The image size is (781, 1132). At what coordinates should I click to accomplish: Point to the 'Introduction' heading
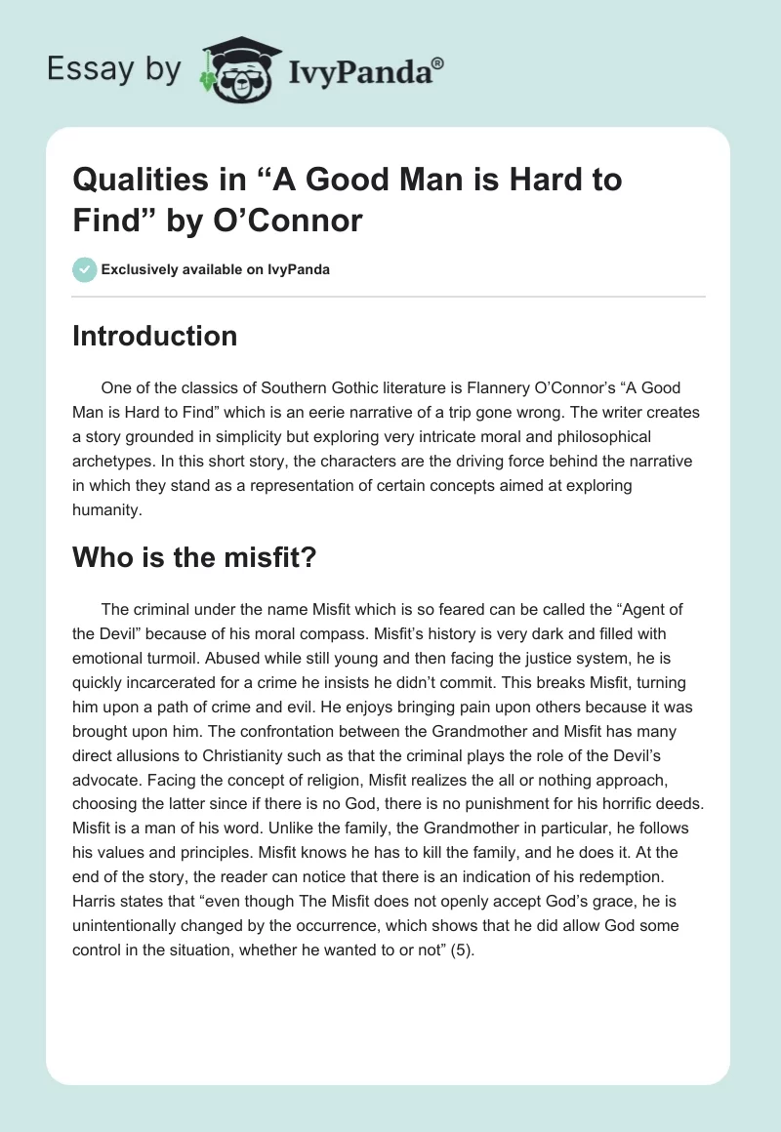pyautogui.click(x=154, y=336)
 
